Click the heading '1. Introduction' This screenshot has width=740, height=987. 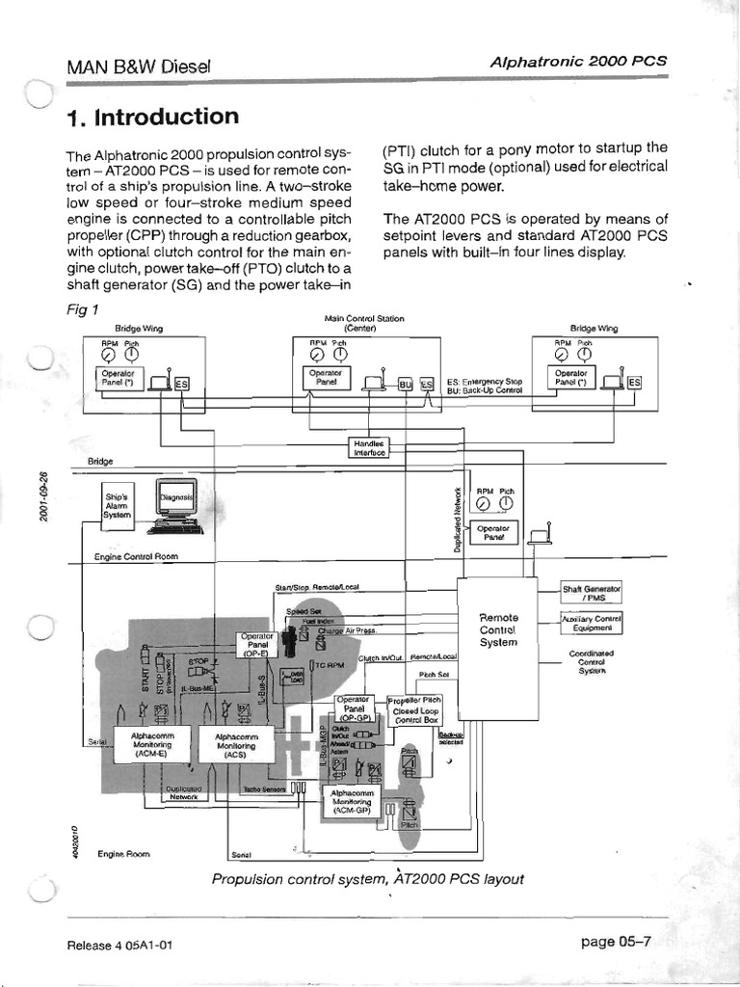point(153,118)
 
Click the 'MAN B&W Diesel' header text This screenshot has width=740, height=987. point(139,67)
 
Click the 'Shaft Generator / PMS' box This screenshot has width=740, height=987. point(593,592)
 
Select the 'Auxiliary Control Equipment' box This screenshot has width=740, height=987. point(593,623)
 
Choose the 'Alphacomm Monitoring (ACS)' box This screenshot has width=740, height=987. point(237,745)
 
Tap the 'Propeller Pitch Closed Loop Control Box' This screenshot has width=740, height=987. point(415,709)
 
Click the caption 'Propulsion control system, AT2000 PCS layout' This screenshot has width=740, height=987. point(367,879)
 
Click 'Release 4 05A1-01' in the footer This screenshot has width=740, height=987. point(119,945)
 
